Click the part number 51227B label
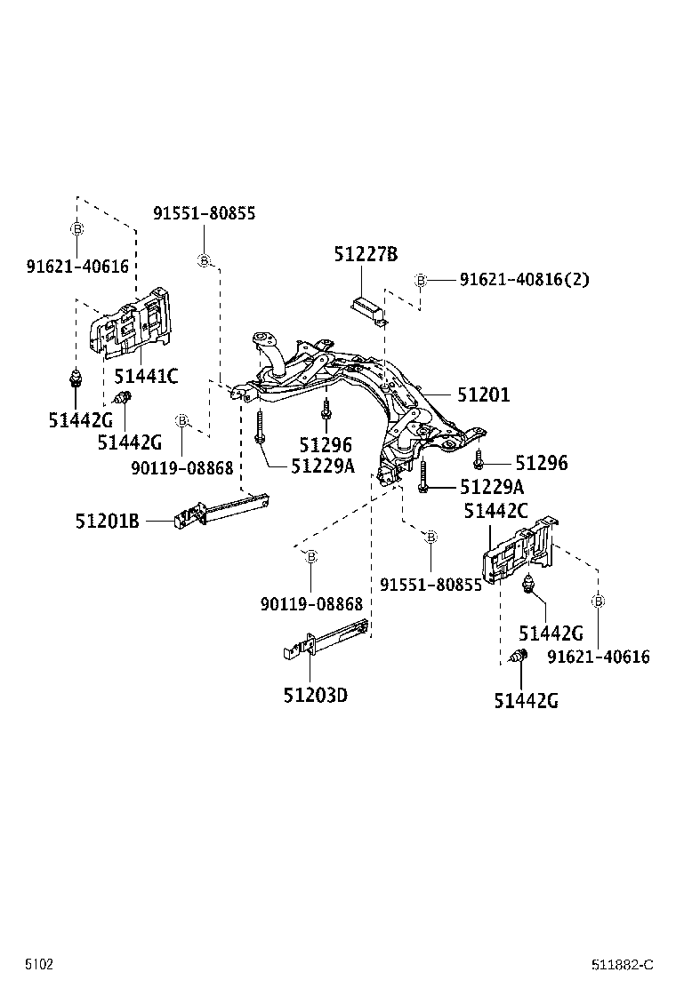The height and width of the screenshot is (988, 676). click(x=366, y=254)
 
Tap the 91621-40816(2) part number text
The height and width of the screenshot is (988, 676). click(x=524, y=280)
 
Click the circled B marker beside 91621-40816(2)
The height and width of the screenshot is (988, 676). click(x=420, y=281)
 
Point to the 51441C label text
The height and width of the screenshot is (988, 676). click(x=145, y=376)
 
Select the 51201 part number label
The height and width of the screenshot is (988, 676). click(x=484, y=394)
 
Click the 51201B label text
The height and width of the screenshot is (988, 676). click(x=107, y=522)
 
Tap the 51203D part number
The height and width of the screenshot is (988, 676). click(x=315, y=694)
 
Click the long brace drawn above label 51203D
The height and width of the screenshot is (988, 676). click(x=325, y=641)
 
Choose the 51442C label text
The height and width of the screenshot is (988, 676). click(x=496, y=511)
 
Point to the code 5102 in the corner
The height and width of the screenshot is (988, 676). click(x=38, y=964)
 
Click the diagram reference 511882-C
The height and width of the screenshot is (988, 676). click(x=624, y=965)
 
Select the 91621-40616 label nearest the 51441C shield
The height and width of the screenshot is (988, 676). click(x=77, y=266)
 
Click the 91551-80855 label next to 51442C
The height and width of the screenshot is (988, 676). click(x=431, y=585)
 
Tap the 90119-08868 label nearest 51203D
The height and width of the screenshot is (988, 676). click(x=311, y=603)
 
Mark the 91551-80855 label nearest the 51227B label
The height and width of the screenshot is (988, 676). click(x=204, y=213)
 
